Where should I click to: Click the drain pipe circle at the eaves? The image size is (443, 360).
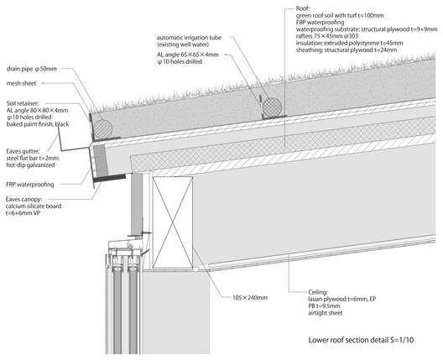click(103, 129)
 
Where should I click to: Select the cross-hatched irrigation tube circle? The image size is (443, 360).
click(272, 107)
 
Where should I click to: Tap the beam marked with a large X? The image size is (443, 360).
click(173, 222)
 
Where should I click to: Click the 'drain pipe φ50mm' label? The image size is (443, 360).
click(31, 69)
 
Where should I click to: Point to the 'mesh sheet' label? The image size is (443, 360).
click(21, 83)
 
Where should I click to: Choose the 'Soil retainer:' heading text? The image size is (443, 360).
click(23, 103)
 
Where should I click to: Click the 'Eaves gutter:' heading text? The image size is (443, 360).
click(23, 151)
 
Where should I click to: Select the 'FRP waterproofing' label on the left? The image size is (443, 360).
click(30, 185)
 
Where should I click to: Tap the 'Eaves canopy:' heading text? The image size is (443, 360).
click(23, 199)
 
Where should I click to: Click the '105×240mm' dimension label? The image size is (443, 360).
click(250, 298)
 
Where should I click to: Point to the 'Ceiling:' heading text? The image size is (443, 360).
click(318, 292)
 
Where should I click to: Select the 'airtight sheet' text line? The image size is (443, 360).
click(326, 313)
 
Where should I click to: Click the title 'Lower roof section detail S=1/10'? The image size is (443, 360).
click(361, 340)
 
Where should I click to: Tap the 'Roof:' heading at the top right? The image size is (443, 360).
click(303, 8)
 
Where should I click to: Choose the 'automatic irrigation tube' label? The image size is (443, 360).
click(189, 38)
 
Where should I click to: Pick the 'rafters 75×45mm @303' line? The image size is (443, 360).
click(327, 36)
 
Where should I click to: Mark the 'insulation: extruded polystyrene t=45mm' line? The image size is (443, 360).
click(350, 43)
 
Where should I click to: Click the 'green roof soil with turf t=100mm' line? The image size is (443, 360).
click(340, 15)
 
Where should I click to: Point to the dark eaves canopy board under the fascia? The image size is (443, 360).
click(109, 177)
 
